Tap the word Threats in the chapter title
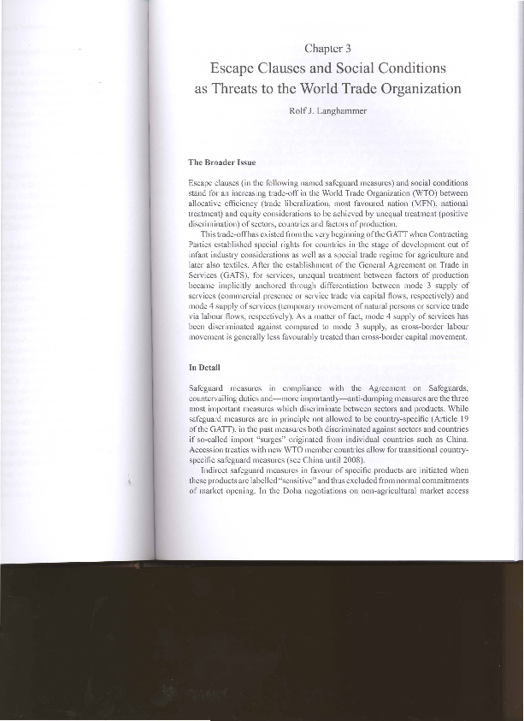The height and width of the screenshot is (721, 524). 235,88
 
